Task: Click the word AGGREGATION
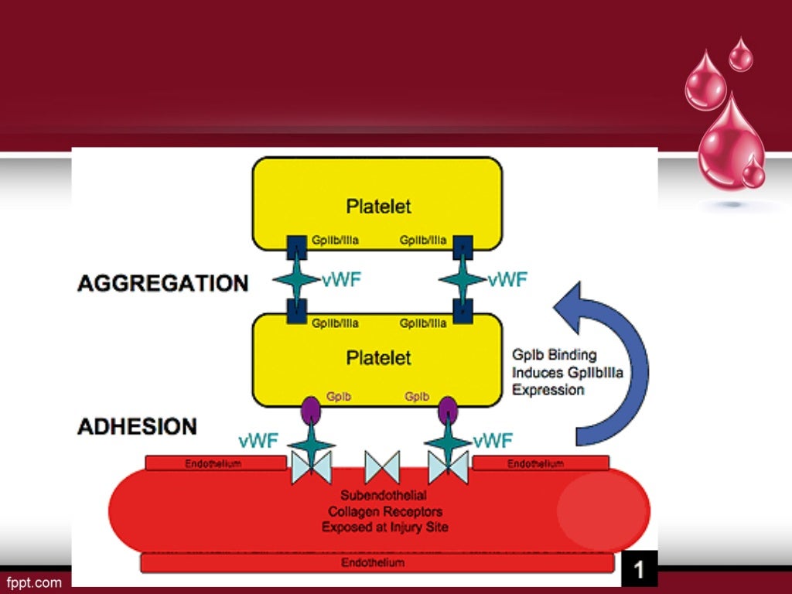(x=162, y=283)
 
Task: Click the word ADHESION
(x=137, y=426)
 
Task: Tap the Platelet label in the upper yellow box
(x=378, y=207)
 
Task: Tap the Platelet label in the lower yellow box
(x=378, y=358)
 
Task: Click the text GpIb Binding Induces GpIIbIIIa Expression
(x=567, y=372)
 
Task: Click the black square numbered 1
(x=639, y=570)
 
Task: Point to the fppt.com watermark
(x=34, y=582)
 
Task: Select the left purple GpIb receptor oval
(x=311, y=411)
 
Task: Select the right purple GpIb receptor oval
(x=448, y=411)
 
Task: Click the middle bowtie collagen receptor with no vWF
(x=382, y=468)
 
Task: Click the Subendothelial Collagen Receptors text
(x=384, y=510)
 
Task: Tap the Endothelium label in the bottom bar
(x=373, y=563)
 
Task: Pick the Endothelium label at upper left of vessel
(x=213, y=464)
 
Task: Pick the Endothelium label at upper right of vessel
(x=535, y=464)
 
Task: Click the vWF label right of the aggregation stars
(x=507, y=280)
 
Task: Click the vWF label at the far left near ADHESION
(x=258, y=442)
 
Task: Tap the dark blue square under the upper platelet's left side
(x=297, y=247)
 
